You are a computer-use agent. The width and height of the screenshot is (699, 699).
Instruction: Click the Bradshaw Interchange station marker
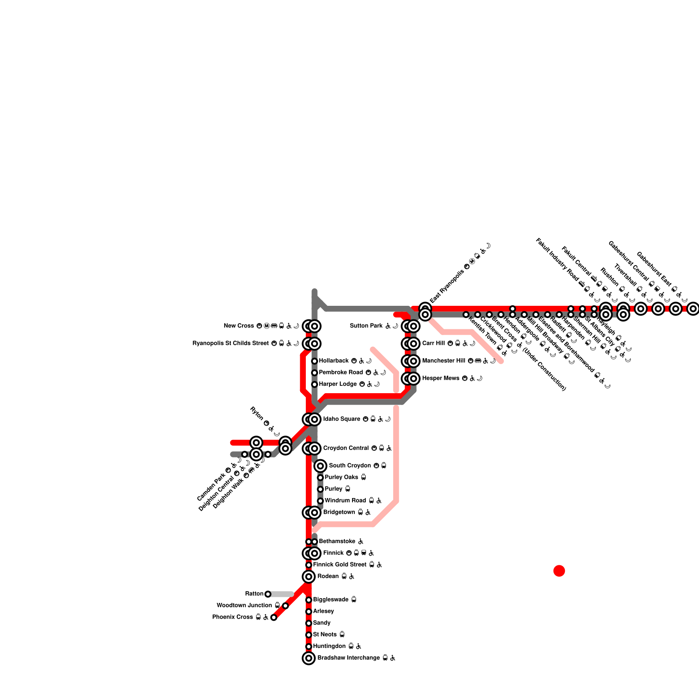pyautogui.click(x=309, y=658)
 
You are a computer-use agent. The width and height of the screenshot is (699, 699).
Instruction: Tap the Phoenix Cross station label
pyautogui.click(x=232, y=617)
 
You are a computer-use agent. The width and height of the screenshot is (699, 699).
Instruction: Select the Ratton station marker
pyautogui.click(x=268, y=594)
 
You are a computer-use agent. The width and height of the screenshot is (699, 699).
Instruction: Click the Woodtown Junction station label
pyautogui.click(x=244, y=606)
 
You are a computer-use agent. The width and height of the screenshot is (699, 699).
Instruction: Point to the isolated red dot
pyautogui.click(x=559, y=571)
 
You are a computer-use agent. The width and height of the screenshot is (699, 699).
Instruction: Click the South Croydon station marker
pyautogui.click(x=320, y=466)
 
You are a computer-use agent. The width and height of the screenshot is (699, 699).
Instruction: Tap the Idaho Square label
pyautogui.click(x=342, y=419)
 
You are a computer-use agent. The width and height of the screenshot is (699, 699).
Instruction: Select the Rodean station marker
pyautogui.click(x=309, y=577)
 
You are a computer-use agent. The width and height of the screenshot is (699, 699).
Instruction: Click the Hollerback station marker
pyautogui.click(x=315, y=361)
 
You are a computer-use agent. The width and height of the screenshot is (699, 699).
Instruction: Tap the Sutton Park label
pyautogui.click(x=366, y=326)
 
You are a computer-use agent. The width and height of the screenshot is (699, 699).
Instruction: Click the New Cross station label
pyautogui.click(x=239, y=326)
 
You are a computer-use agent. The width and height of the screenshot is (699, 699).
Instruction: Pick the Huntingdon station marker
pyautogui.click(x=309, y=647)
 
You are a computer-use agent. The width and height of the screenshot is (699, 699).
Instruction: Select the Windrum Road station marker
pyautogui.click(x=320, y=501)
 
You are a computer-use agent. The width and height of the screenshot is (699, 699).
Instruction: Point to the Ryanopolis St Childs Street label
pyautogui.click(x=230, y=343)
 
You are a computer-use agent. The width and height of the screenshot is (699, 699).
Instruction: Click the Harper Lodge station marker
pyautogui.click(x=315, y=384)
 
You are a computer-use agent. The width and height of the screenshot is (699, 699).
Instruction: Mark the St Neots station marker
pyautogui.click(x=309, y=635)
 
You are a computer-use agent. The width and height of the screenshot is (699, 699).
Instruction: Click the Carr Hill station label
pyautogui.click(x=433, y=343)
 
